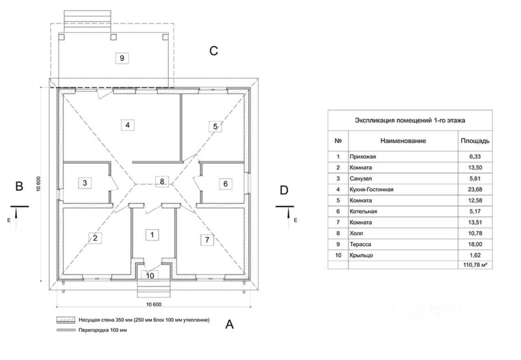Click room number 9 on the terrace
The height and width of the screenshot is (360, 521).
click(x=122, y=58)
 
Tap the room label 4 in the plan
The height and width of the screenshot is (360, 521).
click(x=127, y=125)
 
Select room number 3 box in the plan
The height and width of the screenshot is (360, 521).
click(x=85, y=183)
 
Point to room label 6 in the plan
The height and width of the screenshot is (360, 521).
click(x=225, y=184)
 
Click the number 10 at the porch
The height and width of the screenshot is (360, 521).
click(x=150, y=276)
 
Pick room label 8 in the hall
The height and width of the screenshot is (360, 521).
click(x=162, y=181)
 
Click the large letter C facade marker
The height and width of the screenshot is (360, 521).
click(x=214, y=51)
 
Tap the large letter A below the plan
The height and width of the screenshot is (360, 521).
click(x=229, y=324)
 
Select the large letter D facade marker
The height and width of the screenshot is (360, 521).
click(x=284, y=190)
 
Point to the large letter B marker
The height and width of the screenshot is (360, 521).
click(x=19, y=186)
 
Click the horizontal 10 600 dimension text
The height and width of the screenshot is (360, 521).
click(x=153, y=304)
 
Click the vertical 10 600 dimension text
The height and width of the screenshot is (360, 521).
click(x=38, y=184)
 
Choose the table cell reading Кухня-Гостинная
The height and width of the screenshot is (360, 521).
click(x=372, y=190)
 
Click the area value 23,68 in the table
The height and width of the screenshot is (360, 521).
click(x=475, y=190)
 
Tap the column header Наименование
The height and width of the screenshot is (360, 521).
click(x=403, y=141)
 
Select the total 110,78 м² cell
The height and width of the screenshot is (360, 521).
click(x=475, y=265)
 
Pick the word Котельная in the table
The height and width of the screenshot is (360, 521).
click(x=363, y=212)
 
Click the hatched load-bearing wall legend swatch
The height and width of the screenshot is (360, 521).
click(x=66, y=320)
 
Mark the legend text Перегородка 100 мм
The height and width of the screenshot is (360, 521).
click(x=103, y=330)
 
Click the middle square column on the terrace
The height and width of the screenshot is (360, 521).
click(x=113, y=37)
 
